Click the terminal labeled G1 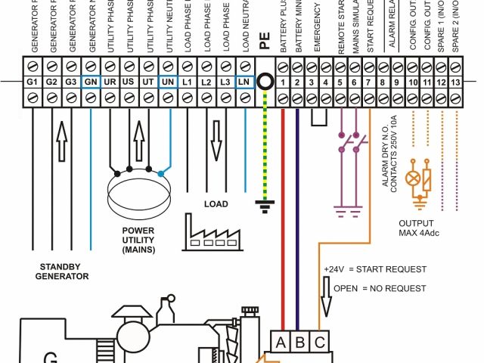[33, 80]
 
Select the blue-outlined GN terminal [90, 80]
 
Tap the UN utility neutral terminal [167, 80]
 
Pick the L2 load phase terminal [206, 80]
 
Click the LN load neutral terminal [244, 80]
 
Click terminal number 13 [455, 81]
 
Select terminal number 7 [368, 81]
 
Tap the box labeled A [281, 342]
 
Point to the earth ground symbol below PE [264, 202]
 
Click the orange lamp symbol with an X [413, 179]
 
